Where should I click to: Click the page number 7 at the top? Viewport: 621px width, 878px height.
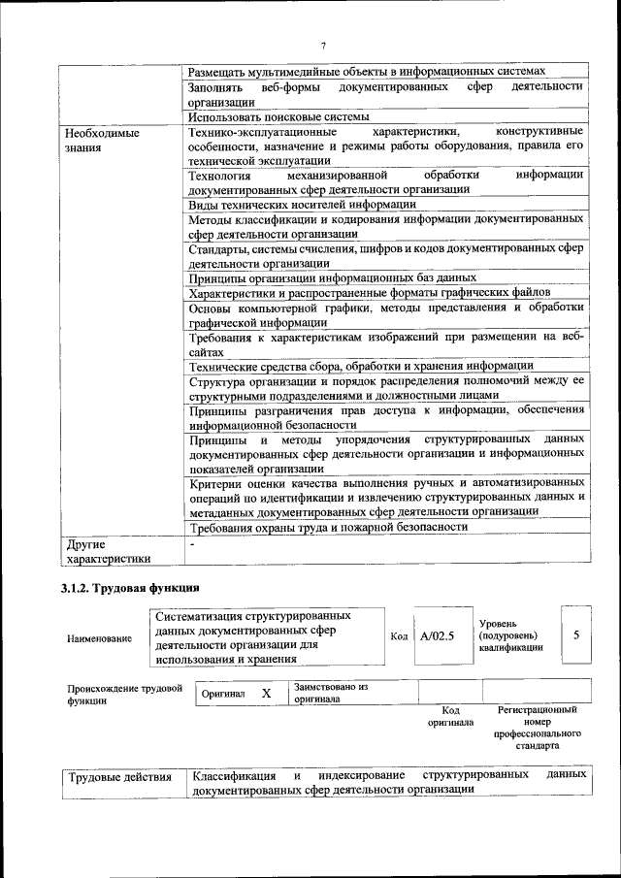[x=323, y=46]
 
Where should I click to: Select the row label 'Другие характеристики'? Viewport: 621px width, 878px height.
[x=107, y=551]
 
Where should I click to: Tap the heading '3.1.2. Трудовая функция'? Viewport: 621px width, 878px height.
[x=130, y=587]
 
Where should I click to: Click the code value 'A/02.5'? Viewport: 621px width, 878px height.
[x=438, y=636]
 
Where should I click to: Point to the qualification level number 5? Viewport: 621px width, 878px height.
[x=576, y=634]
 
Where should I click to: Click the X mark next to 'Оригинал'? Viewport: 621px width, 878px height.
[x=266, y=695]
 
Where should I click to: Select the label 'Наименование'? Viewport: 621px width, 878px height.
[x=100, y=638]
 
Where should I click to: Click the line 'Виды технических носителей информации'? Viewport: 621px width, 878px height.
[x=302, y=204]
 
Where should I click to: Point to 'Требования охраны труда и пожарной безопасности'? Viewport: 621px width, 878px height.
[x=328, y=527]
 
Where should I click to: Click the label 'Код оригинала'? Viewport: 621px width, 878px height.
[x=450, y=716]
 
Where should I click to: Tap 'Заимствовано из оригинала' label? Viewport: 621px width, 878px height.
[x=330, y=693]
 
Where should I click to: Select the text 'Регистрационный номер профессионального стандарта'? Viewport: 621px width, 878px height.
[x=537, y=729]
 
